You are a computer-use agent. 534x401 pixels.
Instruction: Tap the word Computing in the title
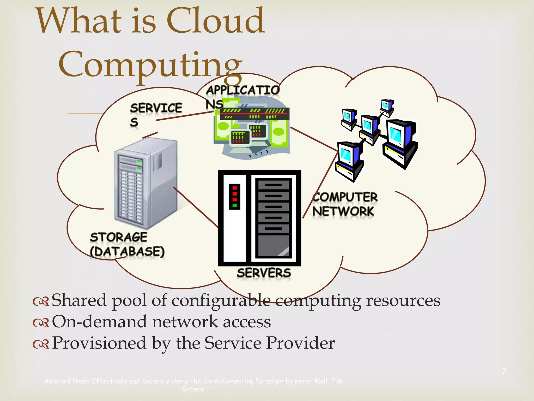tap(150, 65)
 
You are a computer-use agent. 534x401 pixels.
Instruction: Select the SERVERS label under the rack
tap(264, 273)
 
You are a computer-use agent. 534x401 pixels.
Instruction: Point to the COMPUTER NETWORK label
tap(345, 204)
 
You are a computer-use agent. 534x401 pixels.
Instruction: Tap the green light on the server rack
tap(234, 205)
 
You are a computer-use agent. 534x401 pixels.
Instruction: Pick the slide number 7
tap(504, 371)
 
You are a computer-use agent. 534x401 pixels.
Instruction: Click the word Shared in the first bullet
tap(79, 300)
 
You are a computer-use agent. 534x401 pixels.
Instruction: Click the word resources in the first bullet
tap(403, 300)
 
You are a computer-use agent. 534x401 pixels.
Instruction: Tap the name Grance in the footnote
tap(193, 389)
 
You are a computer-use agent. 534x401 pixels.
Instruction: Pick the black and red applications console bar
tap(254, 114)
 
